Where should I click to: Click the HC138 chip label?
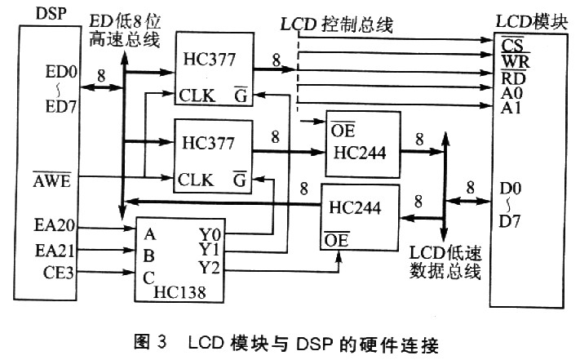(179, 292)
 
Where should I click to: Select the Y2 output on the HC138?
(210, 268)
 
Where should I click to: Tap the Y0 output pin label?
(210, 234)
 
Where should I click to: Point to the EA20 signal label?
(55, 225)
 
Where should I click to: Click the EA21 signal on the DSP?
(55, 251)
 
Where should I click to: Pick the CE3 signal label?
(59, 273)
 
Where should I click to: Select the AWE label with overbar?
(51, 180)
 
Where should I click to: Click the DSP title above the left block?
(51, 14)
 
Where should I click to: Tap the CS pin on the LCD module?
(512, 45)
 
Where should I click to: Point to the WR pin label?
(516, 61)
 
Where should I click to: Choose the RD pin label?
(513, 78)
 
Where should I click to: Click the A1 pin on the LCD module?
(511, 108)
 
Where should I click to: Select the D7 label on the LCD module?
(510, 221)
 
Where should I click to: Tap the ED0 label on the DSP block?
(61, 72)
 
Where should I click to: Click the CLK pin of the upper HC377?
(197, 96)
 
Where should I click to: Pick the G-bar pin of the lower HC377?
(240, 179)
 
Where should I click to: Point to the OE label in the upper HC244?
(343, 130)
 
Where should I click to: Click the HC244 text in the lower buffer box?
(355, 208)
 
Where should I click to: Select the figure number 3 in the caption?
(162, 341)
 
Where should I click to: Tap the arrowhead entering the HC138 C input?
(130, 273)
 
